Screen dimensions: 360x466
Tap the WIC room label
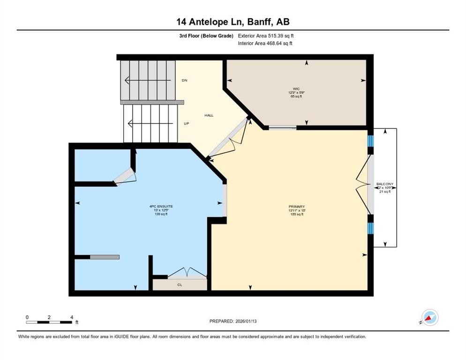tap(296, 88)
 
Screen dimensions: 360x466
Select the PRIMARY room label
tap(297, 206)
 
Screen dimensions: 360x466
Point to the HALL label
tap(209, 115)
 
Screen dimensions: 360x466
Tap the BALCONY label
tap(385, 184)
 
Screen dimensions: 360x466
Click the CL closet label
tap(180, 285)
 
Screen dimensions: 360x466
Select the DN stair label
tap(185, 81)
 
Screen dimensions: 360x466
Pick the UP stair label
tap(186, 124)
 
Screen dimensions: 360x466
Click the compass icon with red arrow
tap(429, 317)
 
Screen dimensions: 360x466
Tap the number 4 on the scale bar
tap(71, 317)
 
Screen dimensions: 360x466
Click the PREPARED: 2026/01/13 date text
tap(233, 321)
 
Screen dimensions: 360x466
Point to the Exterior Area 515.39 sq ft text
tap(266, 36)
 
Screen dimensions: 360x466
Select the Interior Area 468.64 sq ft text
tap(265, 43)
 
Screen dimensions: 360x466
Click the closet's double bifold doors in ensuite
tap(187, 273)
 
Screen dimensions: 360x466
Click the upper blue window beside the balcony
tap(370, 141)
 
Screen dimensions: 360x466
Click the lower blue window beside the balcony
tap(370, 228)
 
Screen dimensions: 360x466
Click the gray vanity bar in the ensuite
tap(105, 257)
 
